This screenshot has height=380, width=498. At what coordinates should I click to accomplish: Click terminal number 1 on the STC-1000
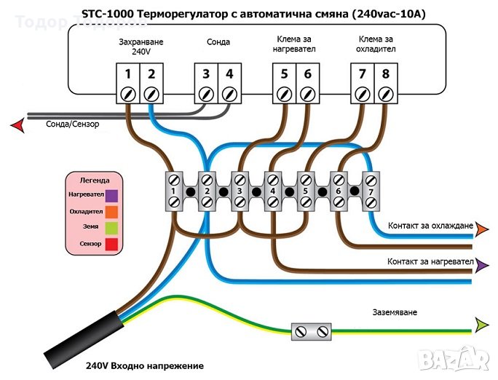coord(127,74)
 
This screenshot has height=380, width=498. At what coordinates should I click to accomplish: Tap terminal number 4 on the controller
coord(229,74)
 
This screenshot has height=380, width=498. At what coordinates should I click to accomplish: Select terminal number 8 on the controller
coord(385,74)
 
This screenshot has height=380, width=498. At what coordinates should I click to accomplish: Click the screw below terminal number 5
coord(285,94)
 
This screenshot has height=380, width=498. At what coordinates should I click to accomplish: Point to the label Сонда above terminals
coord(218,42)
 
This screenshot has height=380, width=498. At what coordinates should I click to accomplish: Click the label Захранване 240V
coord(141,47)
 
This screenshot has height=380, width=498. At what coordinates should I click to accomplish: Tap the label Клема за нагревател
coord(296,43)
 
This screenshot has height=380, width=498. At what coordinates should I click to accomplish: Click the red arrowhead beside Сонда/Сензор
coord(17,126)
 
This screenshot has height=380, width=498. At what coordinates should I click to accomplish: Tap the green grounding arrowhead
coord(481,323)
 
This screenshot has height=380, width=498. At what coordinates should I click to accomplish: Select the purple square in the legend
coord(111,195)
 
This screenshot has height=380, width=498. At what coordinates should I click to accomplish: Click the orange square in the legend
coord(111,211)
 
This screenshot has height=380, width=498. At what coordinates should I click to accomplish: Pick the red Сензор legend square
coord(111,243)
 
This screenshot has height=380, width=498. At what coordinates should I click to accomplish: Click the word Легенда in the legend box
coord(95,180)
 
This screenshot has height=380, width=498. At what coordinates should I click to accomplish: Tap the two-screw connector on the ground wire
coord(311,332)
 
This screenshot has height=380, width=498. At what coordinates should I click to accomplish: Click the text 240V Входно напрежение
coord(145,366)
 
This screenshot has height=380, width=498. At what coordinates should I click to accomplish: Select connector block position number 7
coord(371,192)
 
